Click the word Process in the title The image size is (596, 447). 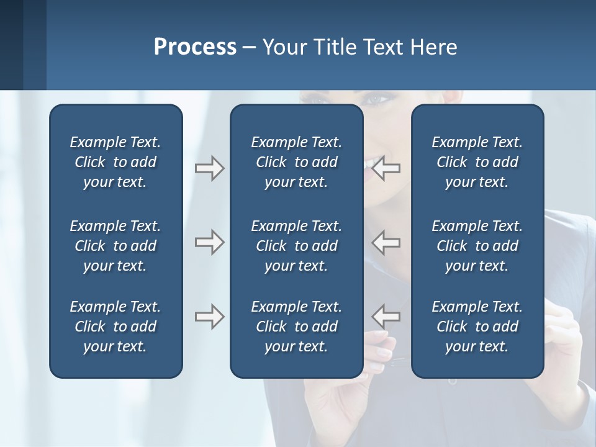click(195, 47)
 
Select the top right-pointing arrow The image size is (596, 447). click(209, 168)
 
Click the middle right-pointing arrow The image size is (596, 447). click(209, 242)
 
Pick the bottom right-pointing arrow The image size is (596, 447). click(209, 317)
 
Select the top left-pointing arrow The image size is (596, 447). click(386, 168)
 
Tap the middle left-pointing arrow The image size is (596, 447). click(386, 242)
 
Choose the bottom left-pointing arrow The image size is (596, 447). click(386, 317)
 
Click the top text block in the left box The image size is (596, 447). click(115, 162)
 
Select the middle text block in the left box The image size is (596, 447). click(115, 246)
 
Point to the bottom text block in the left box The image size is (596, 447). click(115, 327)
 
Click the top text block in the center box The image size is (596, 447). click(296, 162)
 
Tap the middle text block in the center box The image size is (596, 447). click(296, 246)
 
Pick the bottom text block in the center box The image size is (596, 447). click(296, 327)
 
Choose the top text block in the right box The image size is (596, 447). click(477, 162)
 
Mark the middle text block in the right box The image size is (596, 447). click(477, 246)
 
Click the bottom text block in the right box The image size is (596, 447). click(477, 327)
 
